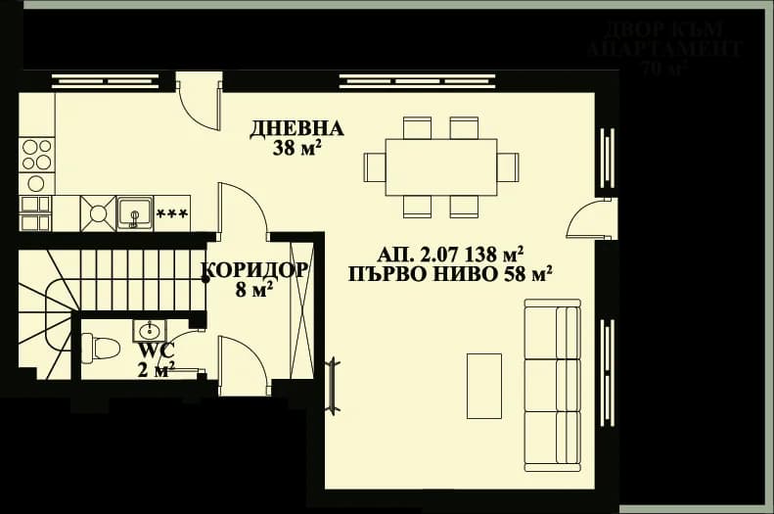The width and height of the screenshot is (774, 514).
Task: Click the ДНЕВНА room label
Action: click(x=297, y=128)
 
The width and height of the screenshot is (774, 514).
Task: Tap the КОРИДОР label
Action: click(x=255, y=270)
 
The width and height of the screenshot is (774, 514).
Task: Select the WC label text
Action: click(x=157, y=350)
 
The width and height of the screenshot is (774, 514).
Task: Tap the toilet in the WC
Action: click(x=100, y=347)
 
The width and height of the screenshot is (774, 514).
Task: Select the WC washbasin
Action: click(x=151, y=329)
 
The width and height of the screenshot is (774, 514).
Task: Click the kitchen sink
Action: click(x=134, y=211)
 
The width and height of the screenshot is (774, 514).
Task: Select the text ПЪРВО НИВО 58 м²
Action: click(x=450, y=273)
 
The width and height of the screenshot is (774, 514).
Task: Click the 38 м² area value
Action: click(x=298, y=150)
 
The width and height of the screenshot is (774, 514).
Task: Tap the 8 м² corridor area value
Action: click(x=254, y=290)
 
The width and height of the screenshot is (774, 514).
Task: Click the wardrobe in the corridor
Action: click(x=301, y=308)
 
